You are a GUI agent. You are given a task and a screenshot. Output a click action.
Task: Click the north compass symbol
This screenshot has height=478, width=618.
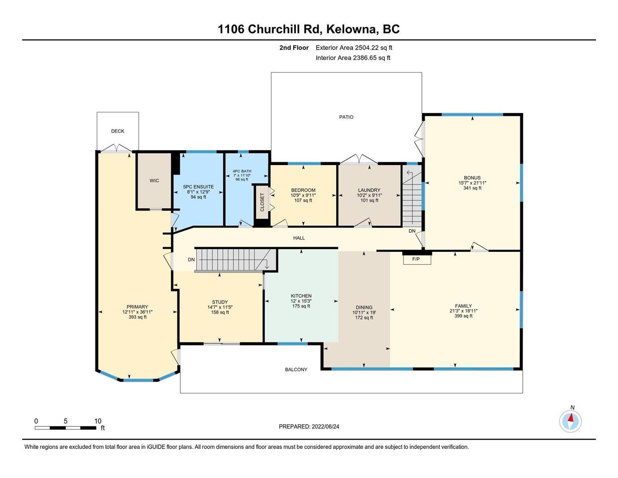(570, 421)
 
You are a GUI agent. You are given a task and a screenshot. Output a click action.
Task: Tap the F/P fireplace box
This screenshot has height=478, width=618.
(417, 259)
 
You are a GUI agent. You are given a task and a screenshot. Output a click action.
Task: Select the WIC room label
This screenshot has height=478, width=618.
(154, 181)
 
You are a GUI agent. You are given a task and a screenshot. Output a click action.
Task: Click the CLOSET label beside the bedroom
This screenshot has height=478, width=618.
(262, 202)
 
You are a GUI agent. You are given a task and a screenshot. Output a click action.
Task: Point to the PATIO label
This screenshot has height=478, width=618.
(346, 117)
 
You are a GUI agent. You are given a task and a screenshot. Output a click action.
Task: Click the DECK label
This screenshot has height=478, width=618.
(117, 131)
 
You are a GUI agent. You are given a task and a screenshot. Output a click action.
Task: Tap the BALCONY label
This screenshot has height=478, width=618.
(296, 370)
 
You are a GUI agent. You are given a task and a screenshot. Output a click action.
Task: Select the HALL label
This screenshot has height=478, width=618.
(299, 238)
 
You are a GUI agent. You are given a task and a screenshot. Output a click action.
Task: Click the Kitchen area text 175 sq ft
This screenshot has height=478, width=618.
(301, 306)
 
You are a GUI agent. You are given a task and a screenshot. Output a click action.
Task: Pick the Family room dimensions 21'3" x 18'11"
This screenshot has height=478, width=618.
(463, 311)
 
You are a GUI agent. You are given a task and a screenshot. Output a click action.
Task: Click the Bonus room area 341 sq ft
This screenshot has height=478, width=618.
(472, 188)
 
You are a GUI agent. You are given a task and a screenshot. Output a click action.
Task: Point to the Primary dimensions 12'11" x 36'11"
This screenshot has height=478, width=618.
(137, 312)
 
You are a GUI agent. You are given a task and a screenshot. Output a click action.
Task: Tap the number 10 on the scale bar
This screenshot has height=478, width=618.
(97, 421)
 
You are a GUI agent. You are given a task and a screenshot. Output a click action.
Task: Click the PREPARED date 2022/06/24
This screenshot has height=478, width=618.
(326, 427)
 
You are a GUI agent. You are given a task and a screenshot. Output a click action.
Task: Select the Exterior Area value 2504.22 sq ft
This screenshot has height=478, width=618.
(373, 48)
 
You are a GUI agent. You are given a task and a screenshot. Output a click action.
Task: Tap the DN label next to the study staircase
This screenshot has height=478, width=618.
(191, 260)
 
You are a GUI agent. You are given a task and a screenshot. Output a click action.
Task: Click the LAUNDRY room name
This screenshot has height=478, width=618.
(369, 190)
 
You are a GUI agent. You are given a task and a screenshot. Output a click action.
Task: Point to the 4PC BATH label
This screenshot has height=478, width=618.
(242, 171)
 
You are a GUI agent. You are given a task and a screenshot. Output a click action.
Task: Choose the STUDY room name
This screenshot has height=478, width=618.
(220, 302)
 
